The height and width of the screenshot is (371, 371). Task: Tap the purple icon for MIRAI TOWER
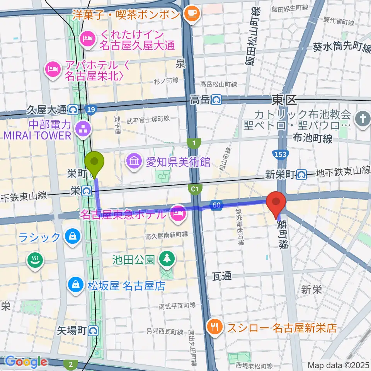pyautogui.click(x=83, y=130)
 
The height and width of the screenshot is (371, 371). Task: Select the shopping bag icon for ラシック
pyautogui.click(x=71, y=236)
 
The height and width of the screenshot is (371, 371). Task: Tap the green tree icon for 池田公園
pyautogui.click(x=167, y=259)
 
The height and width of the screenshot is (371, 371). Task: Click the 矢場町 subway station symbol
pyautogui.click(x=93, y=330)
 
